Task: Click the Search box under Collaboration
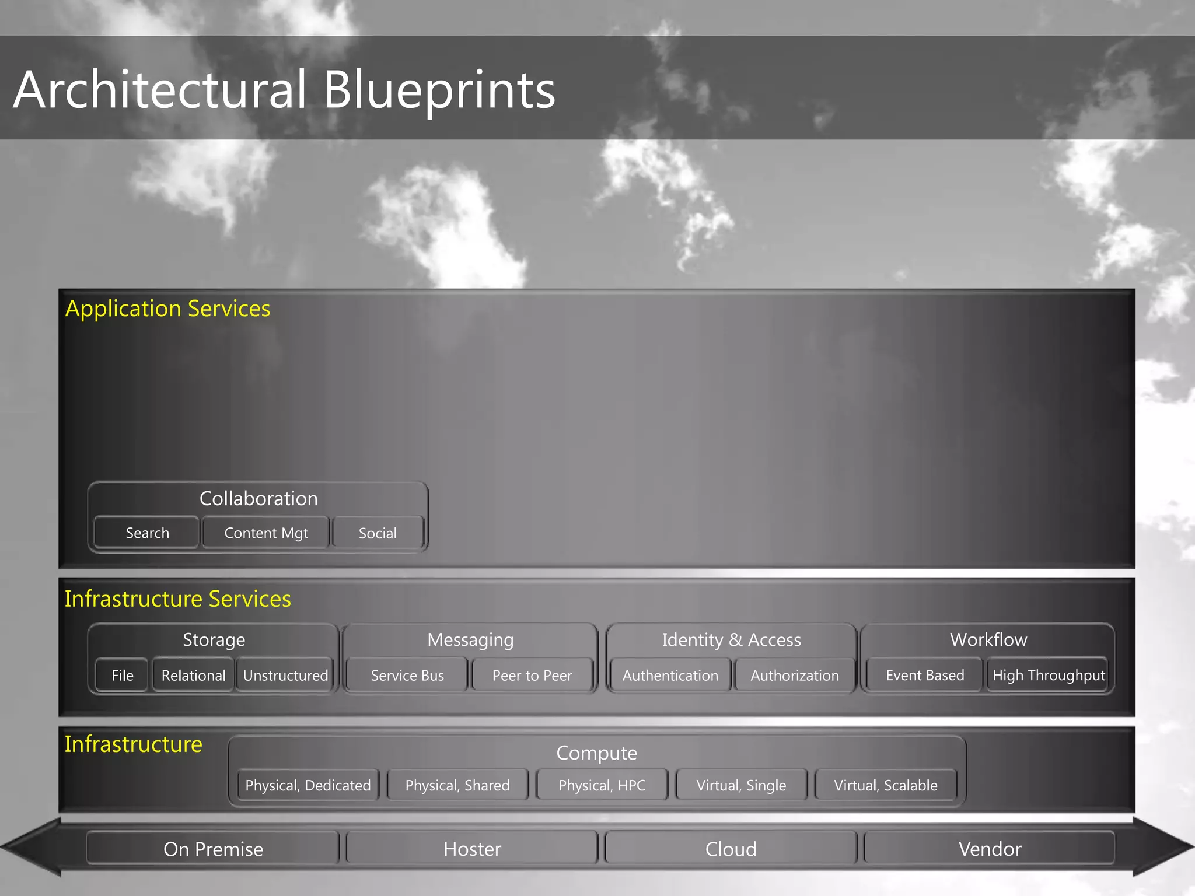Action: click(x=147, y=533)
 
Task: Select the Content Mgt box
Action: click(x=266, y=533)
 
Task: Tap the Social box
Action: click(x=378, y=533)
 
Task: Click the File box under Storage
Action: click(x=123, y=675)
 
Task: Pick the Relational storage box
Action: click(x=193, y=675)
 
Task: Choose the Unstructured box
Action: click(x=285, y=675)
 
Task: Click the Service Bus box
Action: click(x=407, y=675)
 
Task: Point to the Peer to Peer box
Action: click(x=532, y=675)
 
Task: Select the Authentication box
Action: click(x=670, y=675)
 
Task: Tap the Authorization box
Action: click(x=795, y=675)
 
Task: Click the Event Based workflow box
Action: click(x=925, y=675)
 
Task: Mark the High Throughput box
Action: click(x=1049, y=675)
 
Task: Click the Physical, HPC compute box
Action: click(x=602, y=785)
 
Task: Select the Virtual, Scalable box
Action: click(x=886, y=785)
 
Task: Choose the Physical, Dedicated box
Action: click(x=308, y=785)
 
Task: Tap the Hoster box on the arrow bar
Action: click(x=472, y=849)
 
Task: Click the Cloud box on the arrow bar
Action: click(x=731, y=849)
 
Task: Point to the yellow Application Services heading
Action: click(x=167, y=308)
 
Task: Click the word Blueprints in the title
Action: click(x=439, y=90)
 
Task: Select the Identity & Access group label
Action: click(x=731, y=639)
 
